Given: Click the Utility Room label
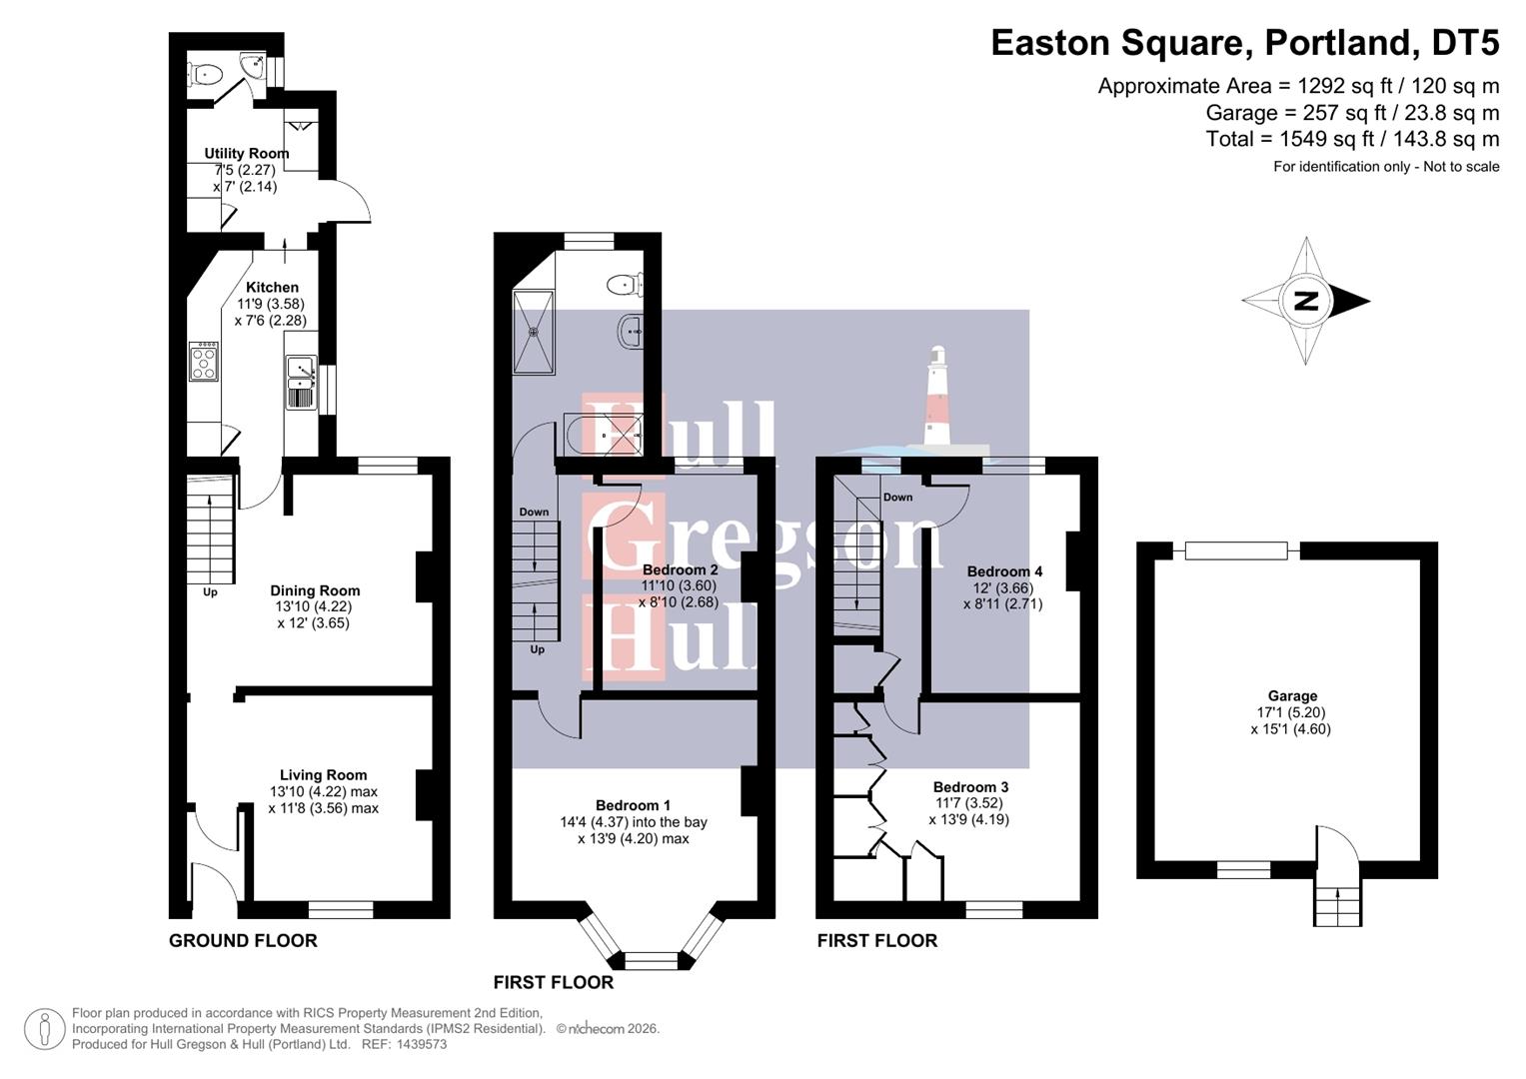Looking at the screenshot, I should click(246, 153).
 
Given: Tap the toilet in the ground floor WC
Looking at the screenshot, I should click(207, 72).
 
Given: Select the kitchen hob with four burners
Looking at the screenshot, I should click(204, 361).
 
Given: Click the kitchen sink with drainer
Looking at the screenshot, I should click(301, 384).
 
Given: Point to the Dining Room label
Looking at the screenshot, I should click(315, 590).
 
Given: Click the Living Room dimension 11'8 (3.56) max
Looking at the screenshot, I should click(323, 808).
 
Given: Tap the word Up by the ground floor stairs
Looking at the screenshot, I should click(210, 592).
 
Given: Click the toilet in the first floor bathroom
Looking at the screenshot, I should click(625, 285).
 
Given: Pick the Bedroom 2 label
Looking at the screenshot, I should click(680, 569).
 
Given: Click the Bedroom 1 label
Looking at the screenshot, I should click(633, 805).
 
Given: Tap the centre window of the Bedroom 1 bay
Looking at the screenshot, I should click(651, 961).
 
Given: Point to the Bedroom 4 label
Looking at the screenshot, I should click(1004, 571).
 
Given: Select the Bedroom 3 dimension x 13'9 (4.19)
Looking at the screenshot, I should click(968, 819).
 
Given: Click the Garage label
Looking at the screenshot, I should click(1292, 696).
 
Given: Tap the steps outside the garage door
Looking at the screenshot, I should click(1336, 906).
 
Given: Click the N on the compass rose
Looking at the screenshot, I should click(1304, 301).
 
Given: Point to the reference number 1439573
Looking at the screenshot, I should click(421, 1044).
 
